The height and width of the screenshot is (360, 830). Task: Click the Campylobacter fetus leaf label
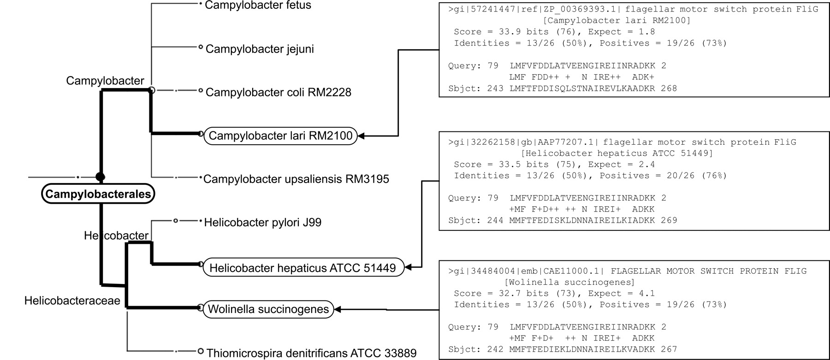pos(258,6)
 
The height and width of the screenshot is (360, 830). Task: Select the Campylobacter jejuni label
pos(260,49)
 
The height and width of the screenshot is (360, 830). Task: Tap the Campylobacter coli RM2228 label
pos(279,92)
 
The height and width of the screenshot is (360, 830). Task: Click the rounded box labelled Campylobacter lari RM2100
pos(281,136)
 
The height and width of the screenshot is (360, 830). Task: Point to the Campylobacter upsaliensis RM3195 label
pos(296,179)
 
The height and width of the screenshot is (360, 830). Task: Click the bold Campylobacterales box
pos(98,194)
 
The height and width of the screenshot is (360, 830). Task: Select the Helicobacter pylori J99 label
pos(263,222)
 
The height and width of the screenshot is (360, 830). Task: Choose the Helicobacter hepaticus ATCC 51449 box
pos(303,267)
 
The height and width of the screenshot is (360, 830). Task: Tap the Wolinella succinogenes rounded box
pos(268,309)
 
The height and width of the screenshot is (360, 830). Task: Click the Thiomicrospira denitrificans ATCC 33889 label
pos(312,354)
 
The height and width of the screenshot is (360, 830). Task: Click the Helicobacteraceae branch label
pos(72,301)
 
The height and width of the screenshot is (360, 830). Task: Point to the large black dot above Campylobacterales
pos(100,177)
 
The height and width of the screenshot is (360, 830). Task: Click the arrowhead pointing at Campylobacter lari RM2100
pos(362,136)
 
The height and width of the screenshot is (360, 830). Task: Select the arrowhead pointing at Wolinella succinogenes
pos(337,310)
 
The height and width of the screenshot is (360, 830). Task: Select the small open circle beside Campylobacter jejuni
pos(201,47)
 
